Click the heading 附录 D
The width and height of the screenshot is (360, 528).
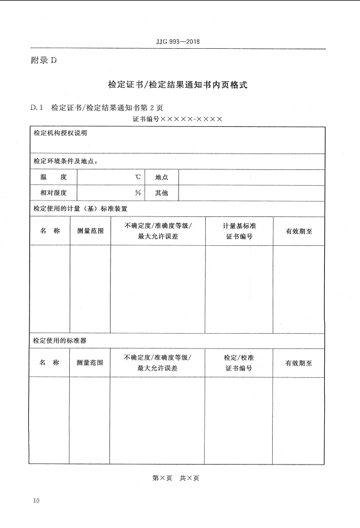coord(44,60)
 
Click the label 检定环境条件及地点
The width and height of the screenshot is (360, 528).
coord(65,161)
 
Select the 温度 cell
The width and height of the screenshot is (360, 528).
coord(53,177)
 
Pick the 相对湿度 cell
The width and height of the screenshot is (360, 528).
coord(53,193)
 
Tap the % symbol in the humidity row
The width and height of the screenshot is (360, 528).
coord(138,193)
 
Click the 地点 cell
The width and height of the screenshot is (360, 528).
coord(162,177)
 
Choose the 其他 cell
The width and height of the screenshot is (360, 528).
coord(162,193)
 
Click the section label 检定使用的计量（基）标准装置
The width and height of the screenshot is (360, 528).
coord(80,208)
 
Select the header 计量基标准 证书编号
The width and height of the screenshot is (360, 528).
coord(239,231)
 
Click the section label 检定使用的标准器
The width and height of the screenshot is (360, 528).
coord(60,340)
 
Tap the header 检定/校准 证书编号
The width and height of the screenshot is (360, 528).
coord(238,363)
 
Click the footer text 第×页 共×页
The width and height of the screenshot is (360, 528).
coord(176,478)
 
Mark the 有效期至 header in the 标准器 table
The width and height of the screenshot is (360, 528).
coord(298,363)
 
